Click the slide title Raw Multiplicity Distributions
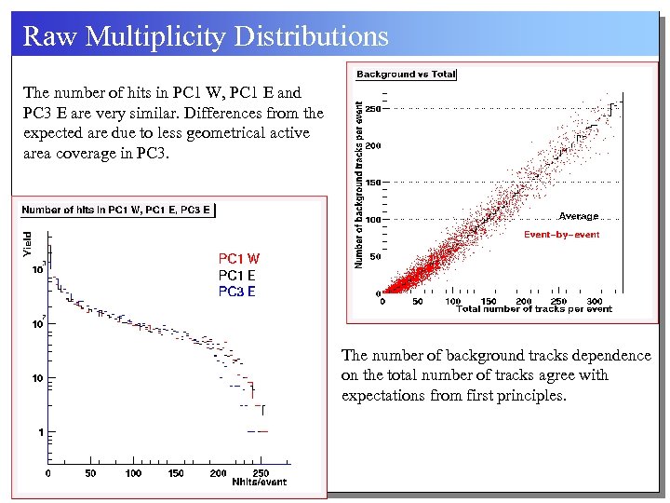205,36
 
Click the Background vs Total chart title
407,74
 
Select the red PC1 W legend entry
239,259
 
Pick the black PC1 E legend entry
237,275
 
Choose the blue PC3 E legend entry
237,292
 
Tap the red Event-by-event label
561,235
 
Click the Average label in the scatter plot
578,216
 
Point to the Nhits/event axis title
259,482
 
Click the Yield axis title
27,245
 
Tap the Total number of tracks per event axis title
534,309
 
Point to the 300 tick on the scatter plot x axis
596,301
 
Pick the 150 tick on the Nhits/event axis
176,473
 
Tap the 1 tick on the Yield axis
39,432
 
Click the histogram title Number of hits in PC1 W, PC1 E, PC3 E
116,210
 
